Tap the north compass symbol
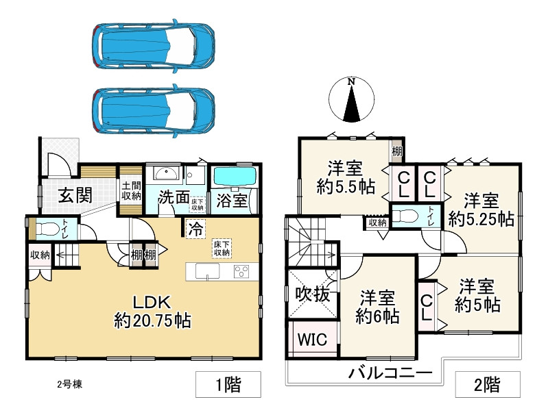350,100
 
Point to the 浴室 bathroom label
231,201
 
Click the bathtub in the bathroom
233,176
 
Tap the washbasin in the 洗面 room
165,173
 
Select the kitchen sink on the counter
206,271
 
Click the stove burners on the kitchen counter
242,271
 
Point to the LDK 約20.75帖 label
152,311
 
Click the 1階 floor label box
228,385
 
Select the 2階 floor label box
487,385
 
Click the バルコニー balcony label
390,373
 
